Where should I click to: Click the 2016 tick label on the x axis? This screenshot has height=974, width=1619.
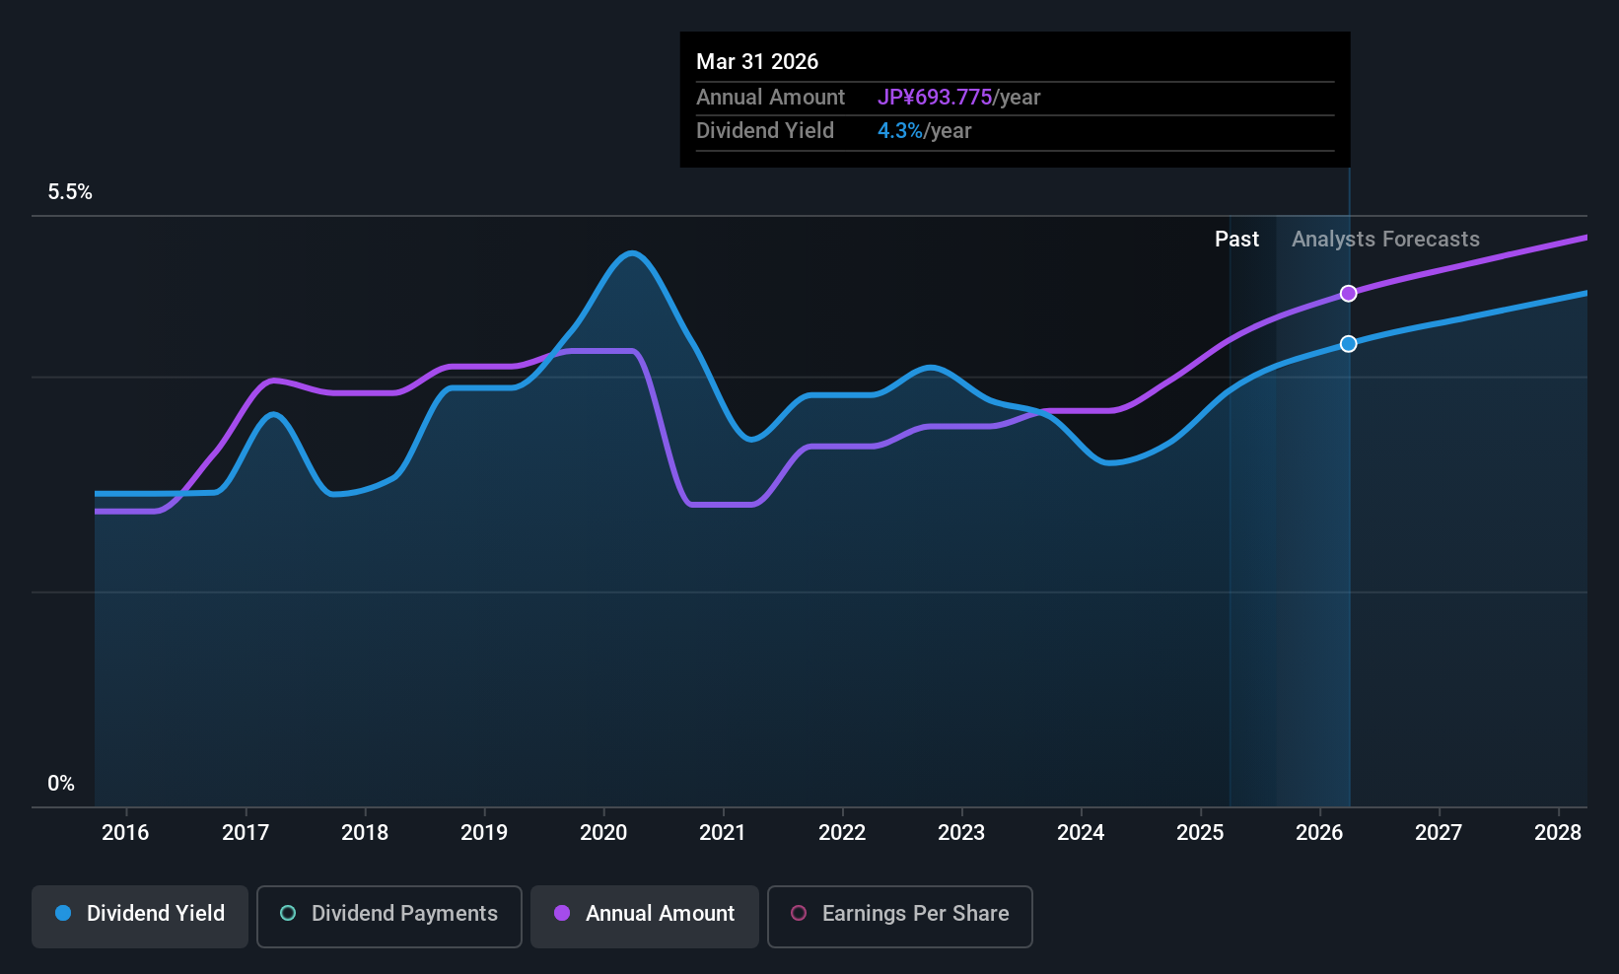(125, 833)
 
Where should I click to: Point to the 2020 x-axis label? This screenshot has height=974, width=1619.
(603, 833)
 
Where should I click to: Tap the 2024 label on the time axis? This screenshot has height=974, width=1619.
(1081, 833)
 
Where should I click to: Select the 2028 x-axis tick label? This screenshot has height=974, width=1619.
(1558, 833)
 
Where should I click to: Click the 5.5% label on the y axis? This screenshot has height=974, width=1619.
(70, 192)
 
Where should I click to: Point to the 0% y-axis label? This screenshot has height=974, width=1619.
(61, 784)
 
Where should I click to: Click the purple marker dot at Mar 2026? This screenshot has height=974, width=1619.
(1348, 294)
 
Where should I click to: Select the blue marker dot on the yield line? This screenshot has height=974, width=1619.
(1348, 344)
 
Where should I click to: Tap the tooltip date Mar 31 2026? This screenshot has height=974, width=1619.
(757, 62)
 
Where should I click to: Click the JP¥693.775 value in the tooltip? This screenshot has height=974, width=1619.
(935, 98)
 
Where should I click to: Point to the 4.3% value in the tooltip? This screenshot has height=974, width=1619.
(900, 131)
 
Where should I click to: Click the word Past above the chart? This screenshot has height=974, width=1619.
(1236, 240)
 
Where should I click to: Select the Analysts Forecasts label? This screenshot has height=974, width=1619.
(1385, 240)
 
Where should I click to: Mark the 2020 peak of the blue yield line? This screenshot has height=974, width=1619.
(632, 253)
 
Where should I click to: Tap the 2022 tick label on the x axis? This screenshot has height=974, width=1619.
(842, 833)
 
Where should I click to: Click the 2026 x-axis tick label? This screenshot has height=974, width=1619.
(1319, 833)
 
